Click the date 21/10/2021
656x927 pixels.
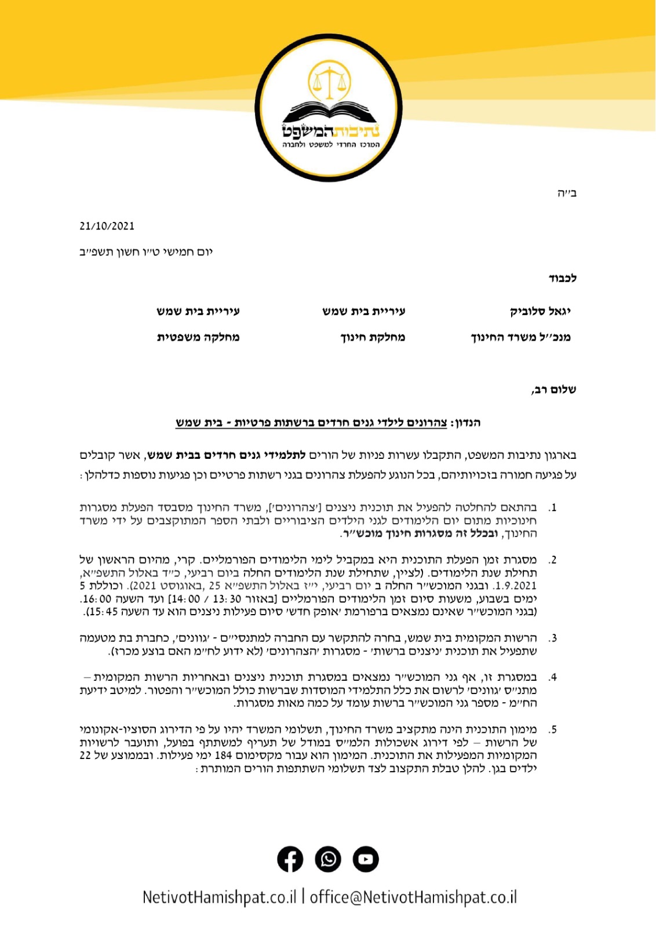point(107,226)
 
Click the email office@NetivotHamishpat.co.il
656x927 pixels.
point(413,897)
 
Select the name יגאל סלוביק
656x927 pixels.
point(540,311)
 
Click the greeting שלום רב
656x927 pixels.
point(553,390)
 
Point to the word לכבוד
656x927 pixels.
point(562,279)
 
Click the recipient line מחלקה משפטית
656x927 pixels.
point(198,337)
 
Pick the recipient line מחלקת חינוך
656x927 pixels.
point(373,337)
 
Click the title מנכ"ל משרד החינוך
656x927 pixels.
point(520,337)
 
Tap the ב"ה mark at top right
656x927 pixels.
point(566,193)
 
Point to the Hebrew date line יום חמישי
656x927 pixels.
point(146,252)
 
